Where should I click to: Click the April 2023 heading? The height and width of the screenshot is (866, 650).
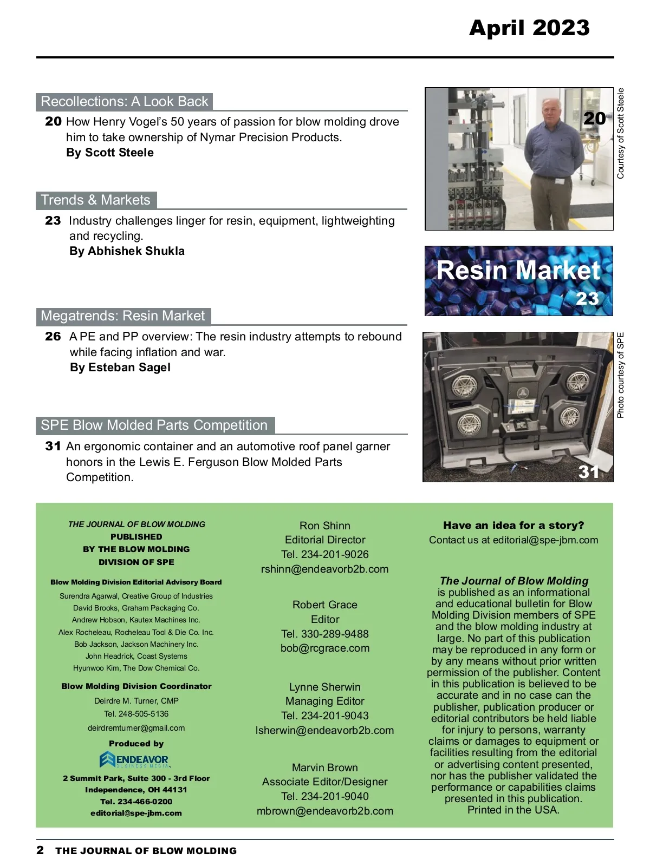coord(529,28)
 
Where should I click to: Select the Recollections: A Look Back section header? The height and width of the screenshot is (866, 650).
coord(124,102)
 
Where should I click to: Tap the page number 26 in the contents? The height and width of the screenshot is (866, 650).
coord(53,337)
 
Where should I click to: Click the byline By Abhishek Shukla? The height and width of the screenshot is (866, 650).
coord(127,251)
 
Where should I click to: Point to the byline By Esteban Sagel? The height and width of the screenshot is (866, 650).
coord(120,368)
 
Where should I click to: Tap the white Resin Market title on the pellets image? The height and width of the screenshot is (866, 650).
coord(518,270)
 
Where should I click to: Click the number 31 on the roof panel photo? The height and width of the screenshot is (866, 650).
coord(589,472)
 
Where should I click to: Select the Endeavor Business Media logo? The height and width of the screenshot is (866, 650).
coord(135,760)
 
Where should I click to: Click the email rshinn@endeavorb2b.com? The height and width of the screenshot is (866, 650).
coord(324,569)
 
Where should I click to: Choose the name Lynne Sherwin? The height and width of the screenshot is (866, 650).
coord(324,687)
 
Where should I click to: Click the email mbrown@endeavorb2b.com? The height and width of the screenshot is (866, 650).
coord(324,811)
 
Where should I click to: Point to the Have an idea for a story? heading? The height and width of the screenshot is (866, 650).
coord(513,525)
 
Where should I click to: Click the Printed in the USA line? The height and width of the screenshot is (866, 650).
coord(513,810)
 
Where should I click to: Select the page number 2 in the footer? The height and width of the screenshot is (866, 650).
coord(40,850)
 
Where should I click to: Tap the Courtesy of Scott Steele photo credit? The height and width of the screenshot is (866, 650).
coord(621,133)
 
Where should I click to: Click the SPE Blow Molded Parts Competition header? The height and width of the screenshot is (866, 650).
coord(154,425)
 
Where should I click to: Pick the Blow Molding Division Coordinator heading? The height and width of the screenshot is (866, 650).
coord(136,686)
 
